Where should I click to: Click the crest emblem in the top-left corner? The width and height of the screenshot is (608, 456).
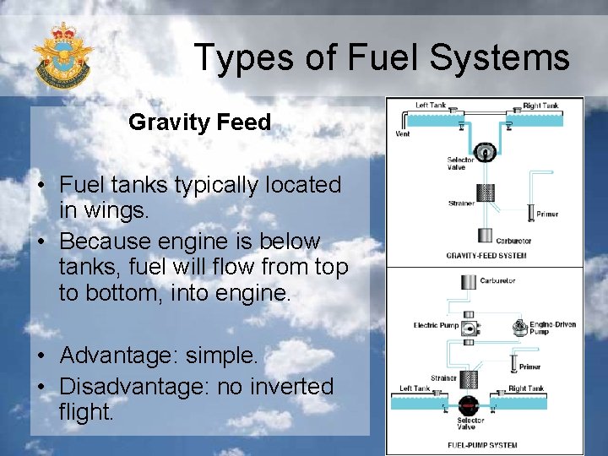click(62, 56)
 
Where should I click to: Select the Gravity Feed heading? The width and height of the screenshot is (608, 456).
click(199, 122)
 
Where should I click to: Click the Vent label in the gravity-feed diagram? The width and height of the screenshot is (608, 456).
click(403, 133)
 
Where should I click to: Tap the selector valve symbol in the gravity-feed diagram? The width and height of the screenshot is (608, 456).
click(485, 152)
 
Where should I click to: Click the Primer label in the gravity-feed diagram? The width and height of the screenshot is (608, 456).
click(547, 214)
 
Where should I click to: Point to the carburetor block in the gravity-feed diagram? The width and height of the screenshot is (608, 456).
click(485, 235)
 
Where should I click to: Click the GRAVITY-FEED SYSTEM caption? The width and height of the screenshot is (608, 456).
click(486, 255)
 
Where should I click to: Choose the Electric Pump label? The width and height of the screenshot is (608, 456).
click(436, 325)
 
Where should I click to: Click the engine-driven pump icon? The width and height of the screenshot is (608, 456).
click(520, 327)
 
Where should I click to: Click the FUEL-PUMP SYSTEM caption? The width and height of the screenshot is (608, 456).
click(483, 445)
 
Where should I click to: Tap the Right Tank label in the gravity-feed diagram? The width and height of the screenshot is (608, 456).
click(540, 106)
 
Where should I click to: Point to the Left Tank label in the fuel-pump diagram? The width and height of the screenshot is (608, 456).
click(415, 389)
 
